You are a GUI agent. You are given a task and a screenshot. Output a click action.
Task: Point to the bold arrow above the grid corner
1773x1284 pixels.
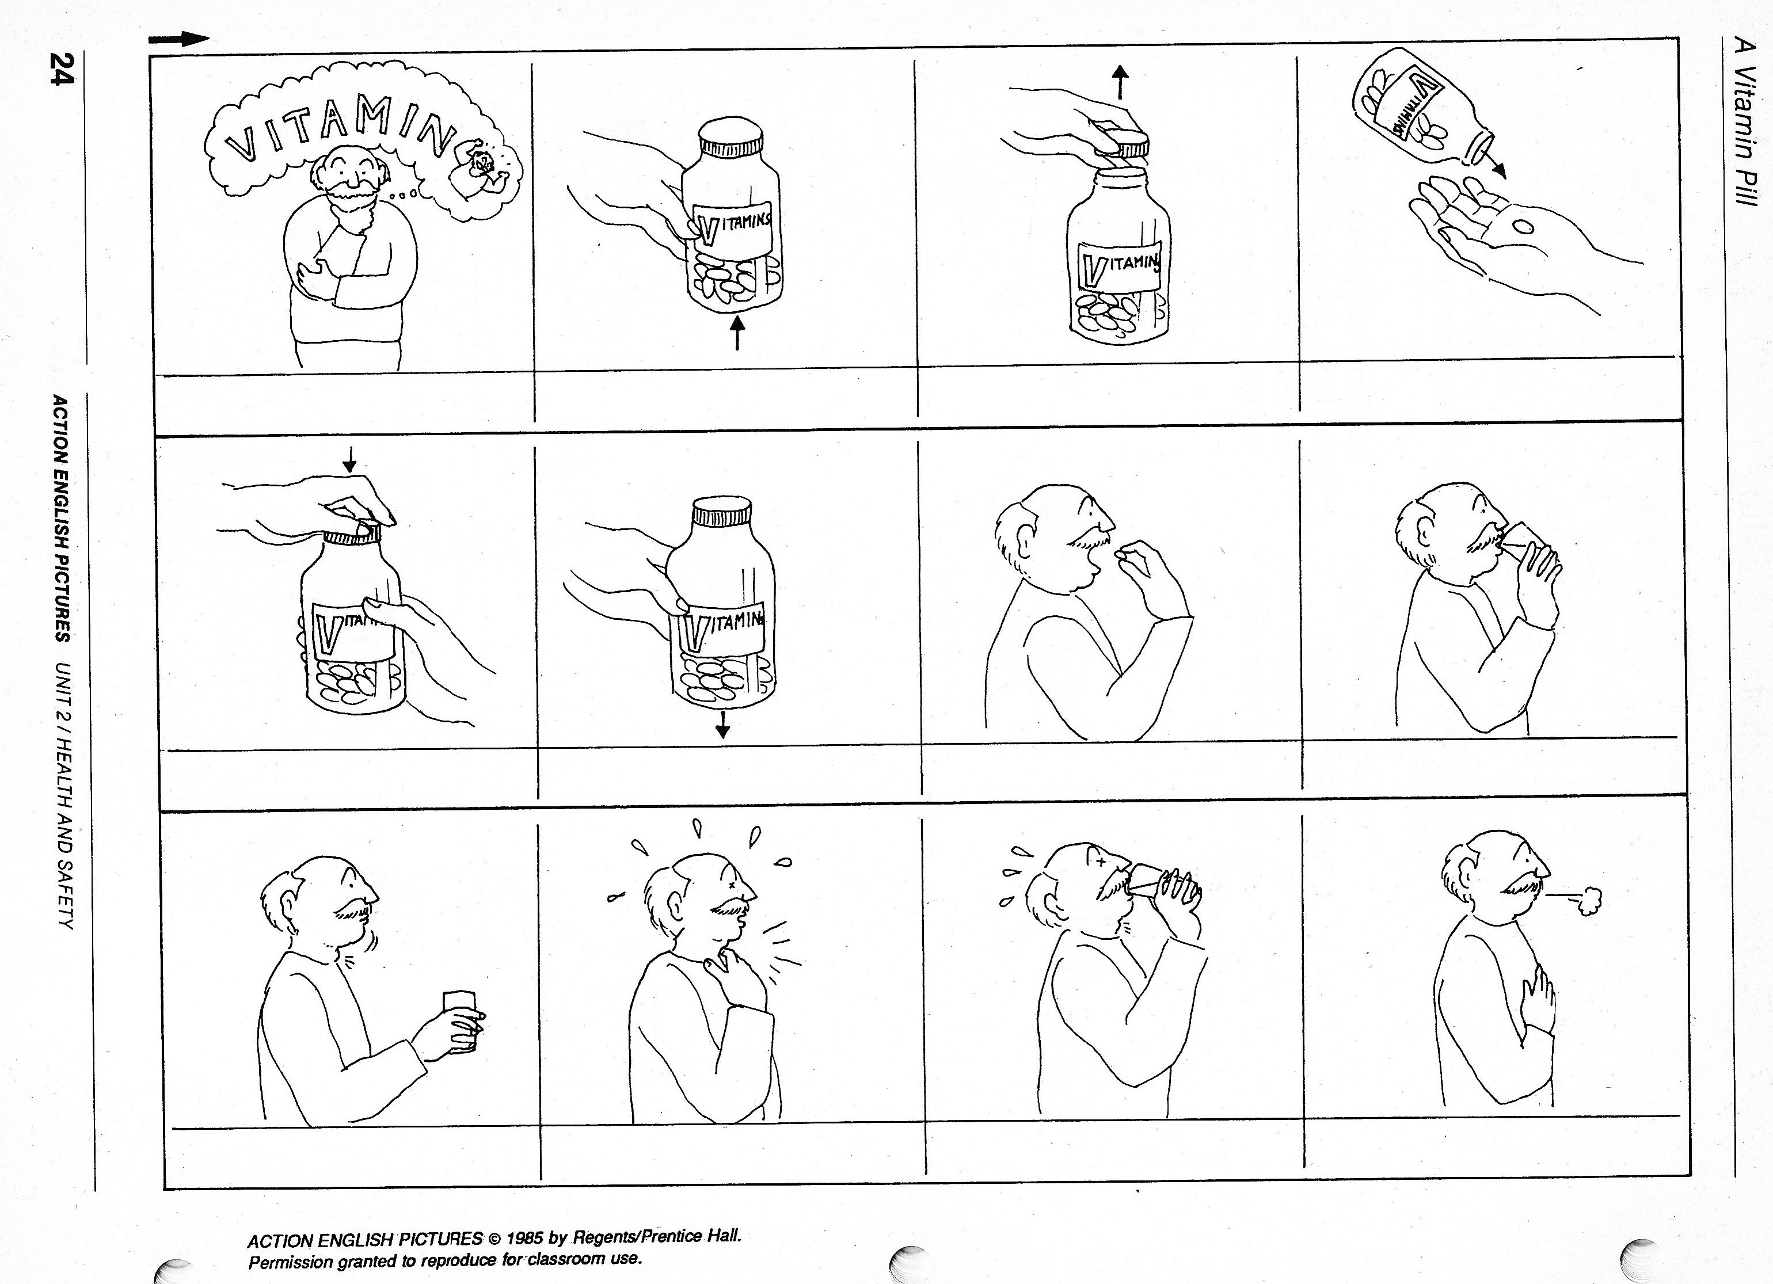[179, 40]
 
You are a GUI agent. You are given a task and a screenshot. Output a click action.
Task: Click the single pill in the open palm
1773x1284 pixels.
[1523, 227]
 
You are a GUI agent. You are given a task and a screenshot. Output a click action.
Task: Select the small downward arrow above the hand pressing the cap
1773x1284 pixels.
[349, 459]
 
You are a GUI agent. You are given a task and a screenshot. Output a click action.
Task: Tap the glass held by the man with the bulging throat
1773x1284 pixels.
[461, 1022]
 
